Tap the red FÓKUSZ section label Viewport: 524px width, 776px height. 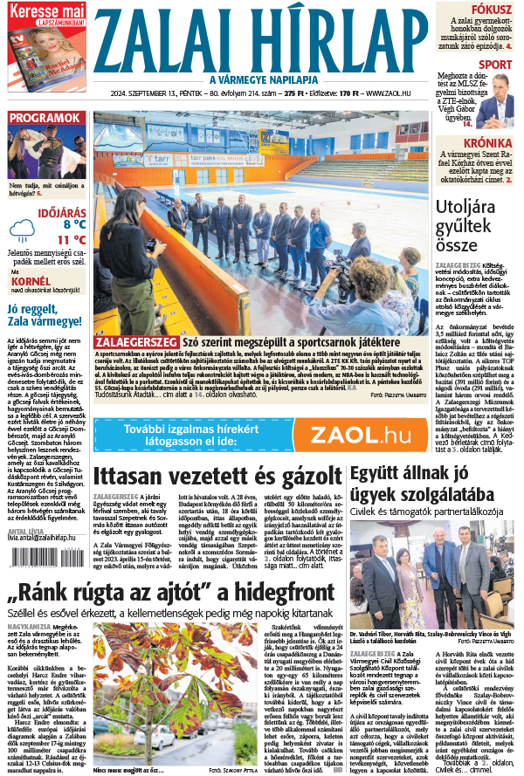pyautogui.click(x=492, y=9)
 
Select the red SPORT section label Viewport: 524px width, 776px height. pyautogui.click(x=496, y=65)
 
